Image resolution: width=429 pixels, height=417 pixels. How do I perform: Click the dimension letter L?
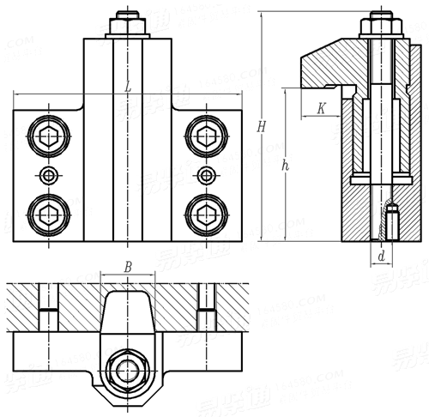(127, 87)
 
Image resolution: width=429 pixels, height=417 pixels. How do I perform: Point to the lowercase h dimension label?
(285, 166)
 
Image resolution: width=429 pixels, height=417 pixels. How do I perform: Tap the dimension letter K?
(320, 109)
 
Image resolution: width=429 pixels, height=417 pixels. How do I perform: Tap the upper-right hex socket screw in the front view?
(206, 135)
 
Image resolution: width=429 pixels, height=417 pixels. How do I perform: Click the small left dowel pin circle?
(49, 175)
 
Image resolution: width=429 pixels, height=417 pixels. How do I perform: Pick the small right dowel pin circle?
(206, 175)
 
